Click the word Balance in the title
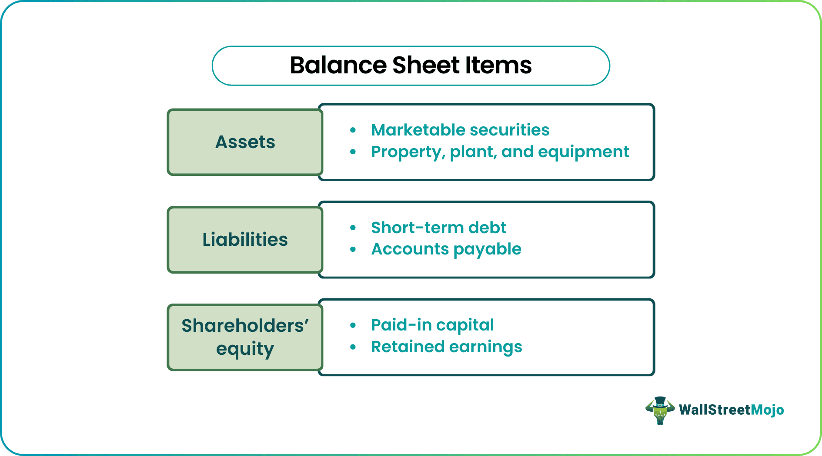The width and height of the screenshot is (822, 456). pyautogui.click(x=338, y=66)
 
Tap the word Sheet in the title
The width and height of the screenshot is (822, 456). pyautogui.click(x=426, y=66)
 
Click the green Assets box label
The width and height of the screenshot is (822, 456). pyautogui.click(x=245, y=142)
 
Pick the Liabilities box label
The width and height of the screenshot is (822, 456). pyautogui.click(x=245, y=240)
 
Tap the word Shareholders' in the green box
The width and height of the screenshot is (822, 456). pyautogui.click(x=245, y=326)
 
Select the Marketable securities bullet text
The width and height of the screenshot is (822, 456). pyautogui.click(x=460, y=130)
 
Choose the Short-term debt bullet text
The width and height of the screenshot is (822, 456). pyautogui.click(x=438, y=228)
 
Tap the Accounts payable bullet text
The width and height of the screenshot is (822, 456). pyautogui.click(x=446, y=249)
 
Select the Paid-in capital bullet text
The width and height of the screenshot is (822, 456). pyautogui.click(x=432, y=325)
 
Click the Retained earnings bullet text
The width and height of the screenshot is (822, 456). pyautogui.click(x=446, y=347)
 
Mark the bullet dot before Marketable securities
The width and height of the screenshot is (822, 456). pyautogui.click(x=353, y=130)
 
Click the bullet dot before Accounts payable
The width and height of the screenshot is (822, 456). pyautogui.click(x=353, y=250)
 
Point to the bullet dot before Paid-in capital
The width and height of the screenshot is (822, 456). pyautogui.click(x=353, y=325)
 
